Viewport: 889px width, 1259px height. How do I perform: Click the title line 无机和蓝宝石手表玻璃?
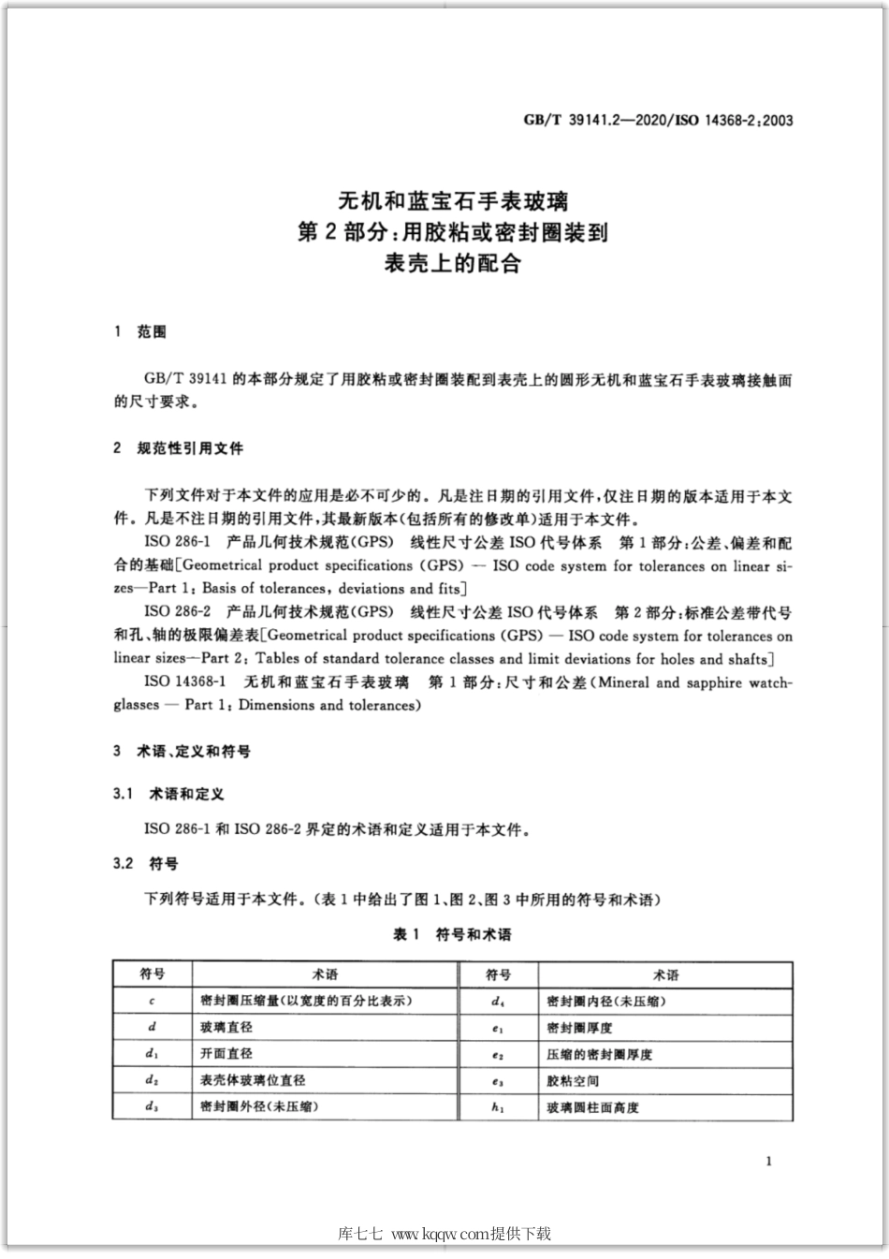click(x=452, y=200)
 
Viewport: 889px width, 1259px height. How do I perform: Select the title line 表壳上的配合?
click(x=452, y=263)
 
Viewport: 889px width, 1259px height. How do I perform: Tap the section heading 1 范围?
click(x=139, y=332)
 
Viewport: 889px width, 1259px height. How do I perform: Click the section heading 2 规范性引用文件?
click(x=178, y=448)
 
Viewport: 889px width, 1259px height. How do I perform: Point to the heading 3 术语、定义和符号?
click(x=182, y=752)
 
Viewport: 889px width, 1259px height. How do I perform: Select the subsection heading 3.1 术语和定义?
click(x=168, y=794)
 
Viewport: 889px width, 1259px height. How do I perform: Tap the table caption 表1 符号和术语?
click(x=452, y=934)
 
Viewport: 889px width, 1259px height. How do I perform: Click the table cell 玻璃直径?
click(x=226, y=1027)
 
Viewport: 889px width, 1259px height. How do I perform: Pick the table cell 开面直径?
click(x=226, y=1053)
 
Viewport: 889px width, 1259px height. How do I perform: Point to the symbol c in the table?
click(x=152, y=1001)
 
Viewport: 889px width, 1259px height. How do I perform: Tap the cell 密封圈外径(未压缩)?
click(x=259, y=1106)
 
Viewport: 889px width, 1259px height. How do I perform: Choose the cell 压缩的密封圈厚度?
click(x=599, y=1054)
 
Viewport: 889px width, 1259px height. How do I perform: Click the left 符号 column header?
click(x=153, y=974)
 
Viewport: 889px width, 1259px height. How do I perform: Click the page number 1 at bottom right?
click(x=768, y=1162)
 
